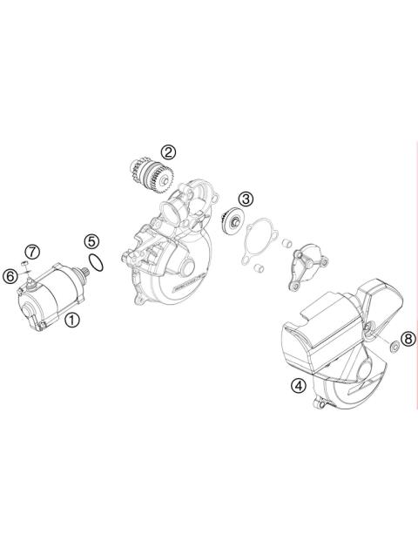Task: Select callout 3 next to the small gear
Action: click(x=247, y=199)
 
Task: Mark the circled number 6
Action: click(x=10, y=275)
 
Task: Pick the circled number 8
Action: click(x=407, y=338)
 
